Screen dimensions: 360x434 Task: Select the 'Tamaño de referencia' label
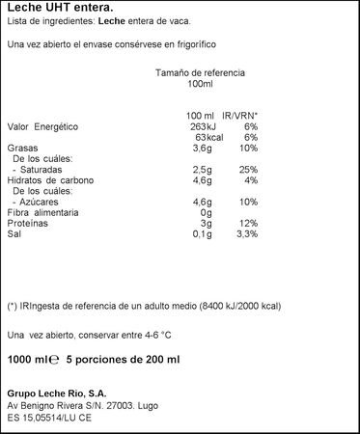(x=200, y=73)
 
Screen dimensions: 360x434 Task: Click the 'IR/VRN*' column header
(x=241, y=116)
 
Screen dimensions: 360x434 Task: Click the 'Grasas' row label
(x=23, y=148)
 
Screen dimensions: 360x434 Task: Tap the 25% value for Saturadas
(x=248, y=169)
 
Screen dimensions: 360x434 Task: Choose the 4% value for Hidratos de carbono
(x=251, y=179)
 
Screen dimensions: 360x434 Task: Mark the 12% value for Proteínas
(x=248, y=222)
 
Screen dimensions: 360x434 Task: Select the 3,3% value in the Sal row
(x=246, y=232)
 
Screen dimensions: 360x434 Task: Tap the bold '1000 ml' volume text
(x=26, y=360)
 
